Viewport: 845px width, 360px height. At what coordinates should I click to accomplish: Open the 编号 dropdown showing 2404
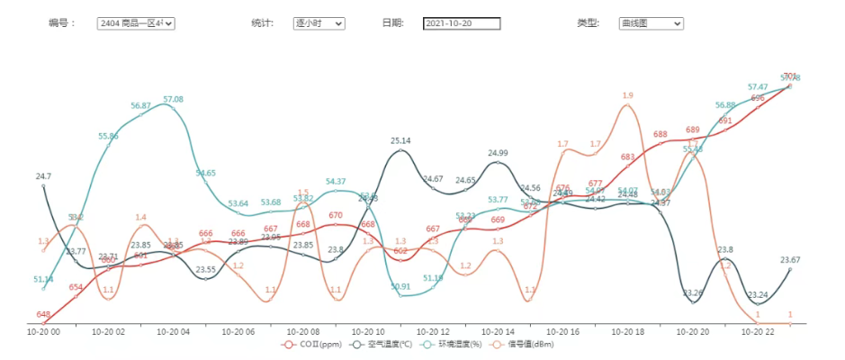coord(136,23)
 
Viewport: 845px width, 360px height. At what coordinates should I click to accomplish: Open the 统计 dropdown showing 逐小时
coord(319,23)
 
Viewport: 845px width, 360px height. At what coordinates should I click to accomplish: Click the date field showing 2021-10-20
coord(461,23)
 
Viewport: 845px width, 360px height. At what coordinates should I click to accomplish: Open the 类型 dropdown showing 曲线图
coord(651,23)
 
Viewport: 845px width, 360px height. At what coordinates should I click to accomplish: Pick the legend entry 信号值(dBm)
coord(530,344)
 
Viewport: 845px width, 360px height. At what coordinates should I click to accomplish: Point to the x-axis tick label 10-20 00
coord(43,332)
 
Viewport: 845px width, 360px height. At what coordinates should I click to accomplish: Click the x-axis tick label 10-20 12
coord(433,332)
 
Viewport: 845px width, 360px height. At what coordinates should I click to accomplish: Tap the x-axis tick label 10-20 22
coord(758,332)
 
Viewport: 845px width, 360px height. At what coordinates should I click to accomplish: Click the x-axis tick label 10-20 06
coord(238,332)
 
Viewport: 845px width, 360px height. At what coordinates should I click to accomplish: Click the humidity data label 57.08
coord(173,99)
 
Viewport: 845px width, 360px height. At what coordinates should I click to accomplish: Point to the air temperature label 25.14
coord(400,141)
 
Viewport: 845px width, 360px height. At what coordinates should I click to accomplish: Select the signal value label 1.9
coord(628,95)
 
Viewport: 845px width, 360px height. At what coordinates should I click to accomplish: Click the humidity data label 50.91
coord(400,286)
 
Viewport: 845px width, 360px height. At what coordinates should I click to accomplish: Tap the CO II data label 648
coord(43,314)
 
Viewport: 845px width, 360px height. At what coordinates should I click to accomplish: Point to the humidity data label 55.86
coord(108,136)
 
